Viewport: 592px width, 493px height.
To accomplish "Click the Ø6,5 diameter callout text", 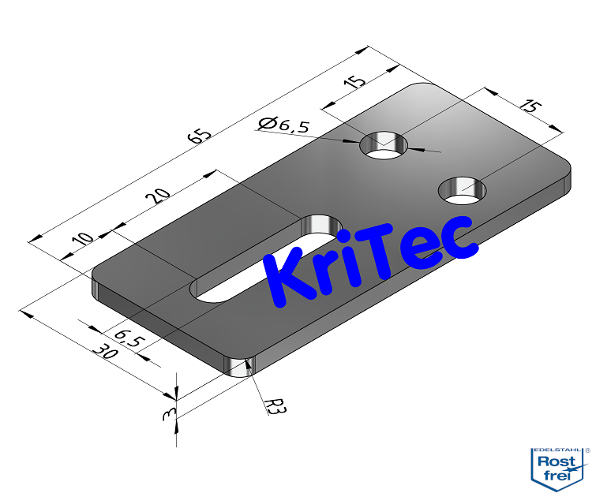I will click(284, 123).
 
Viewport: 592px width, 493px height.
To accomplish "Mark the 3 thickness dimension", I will click(167, 414).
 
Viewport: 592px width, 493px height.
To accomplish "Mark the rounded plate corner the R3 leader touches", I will click(238, 366).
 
